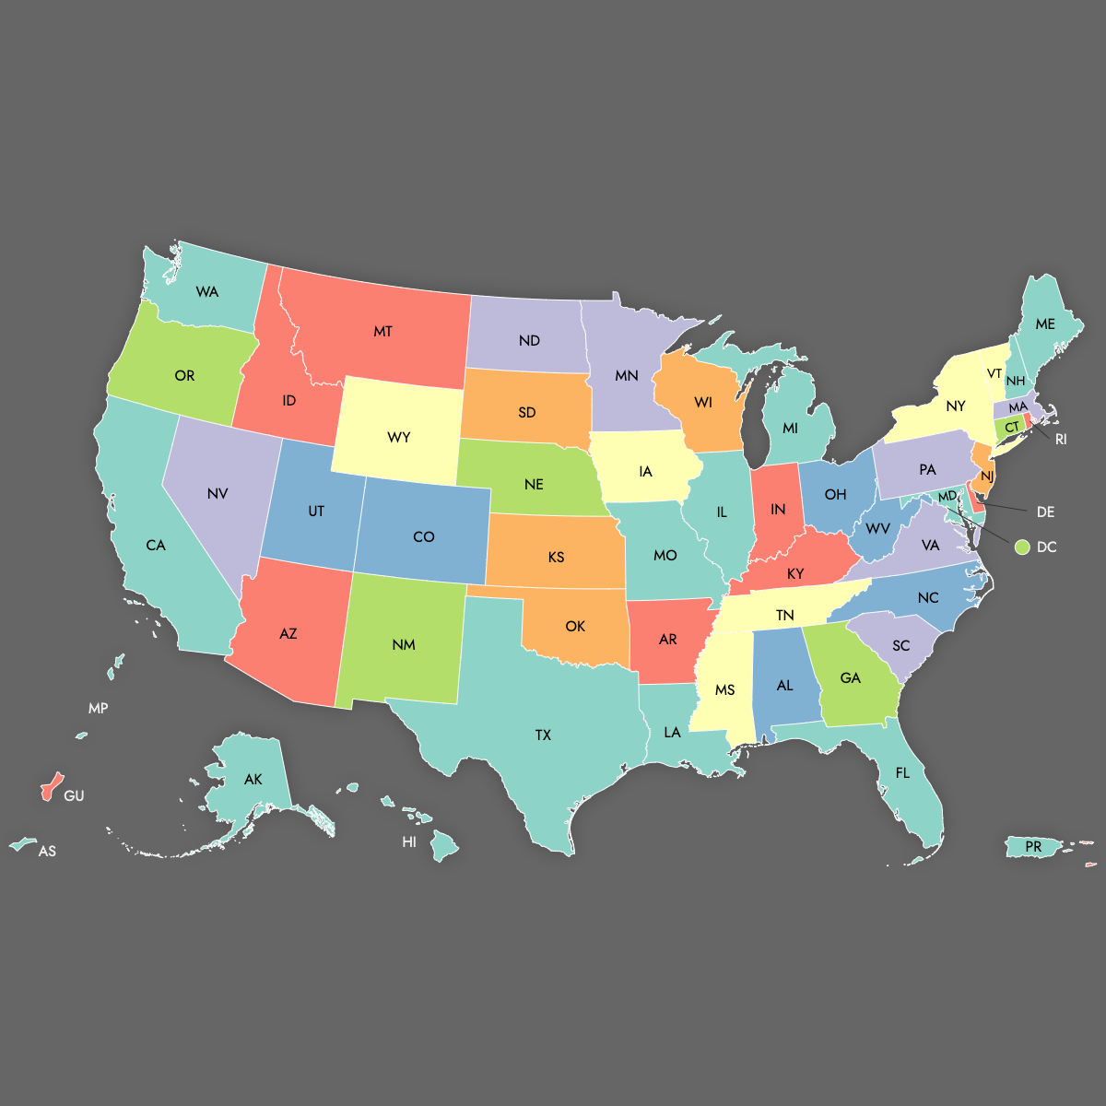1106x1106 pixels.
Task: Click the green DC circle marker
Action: [x=1021, y=547]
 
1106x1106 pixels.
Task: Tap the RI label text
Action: [x=1061, y=440]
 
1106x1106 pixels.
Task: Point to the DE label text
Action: [x=1045, y=512]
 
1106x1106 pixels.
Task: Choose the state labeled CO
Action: [x=423, y=536]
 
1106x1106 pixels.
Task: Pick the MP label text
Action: [x=99, y=709]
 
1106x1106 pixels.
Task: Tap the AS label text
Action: [x=47, y=852]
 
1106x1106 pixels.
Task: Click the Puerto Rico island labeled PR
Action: [x=1033, y=846]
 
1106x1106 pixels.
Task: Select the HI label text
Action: [x=409, y=842]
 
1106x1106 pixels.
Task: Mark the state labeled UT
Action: [x=316, y=511]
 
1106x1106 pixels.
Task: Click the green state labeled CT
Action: [x=1011, y=428]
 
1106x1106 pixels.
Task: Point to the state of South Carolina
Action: [x=900, y=645]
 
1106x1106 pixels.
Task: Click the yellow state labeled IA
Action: [x=644, y=472]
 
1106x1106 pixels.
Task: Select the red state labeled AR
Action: [x=667, y=640]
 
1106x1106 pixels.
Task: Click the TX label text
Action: [x=543, y=735]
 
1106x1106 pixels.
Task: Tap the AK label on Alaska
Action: [x=253, y=780]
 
